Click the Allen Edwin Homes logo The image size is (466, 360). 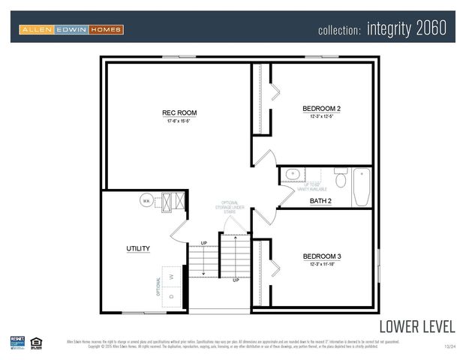[x=71, y=29]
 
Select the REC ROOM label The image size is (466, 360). [x=179, y=113]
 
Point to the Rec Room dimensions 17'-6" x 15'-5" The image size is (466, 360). [x=179, y=121]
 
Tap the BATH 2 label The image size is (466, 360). [x=320, y=201]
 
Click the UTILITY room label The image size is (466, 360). [x=138, y=248]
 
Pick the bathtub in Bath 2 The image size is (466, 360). [x=361, y=187]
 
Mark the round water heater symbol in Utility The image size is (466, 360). [x=147, y=201]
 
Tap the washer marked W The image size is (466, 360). [x=171, y=276]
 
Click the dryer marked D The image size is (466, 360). [x=171, y=296]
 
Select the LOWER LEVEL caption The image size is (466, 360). [x=416, y=326]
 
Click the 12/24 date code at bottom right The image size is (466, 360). [x=449, y=346]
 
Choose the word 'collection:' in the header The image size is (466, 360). [x=340, y=31]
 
